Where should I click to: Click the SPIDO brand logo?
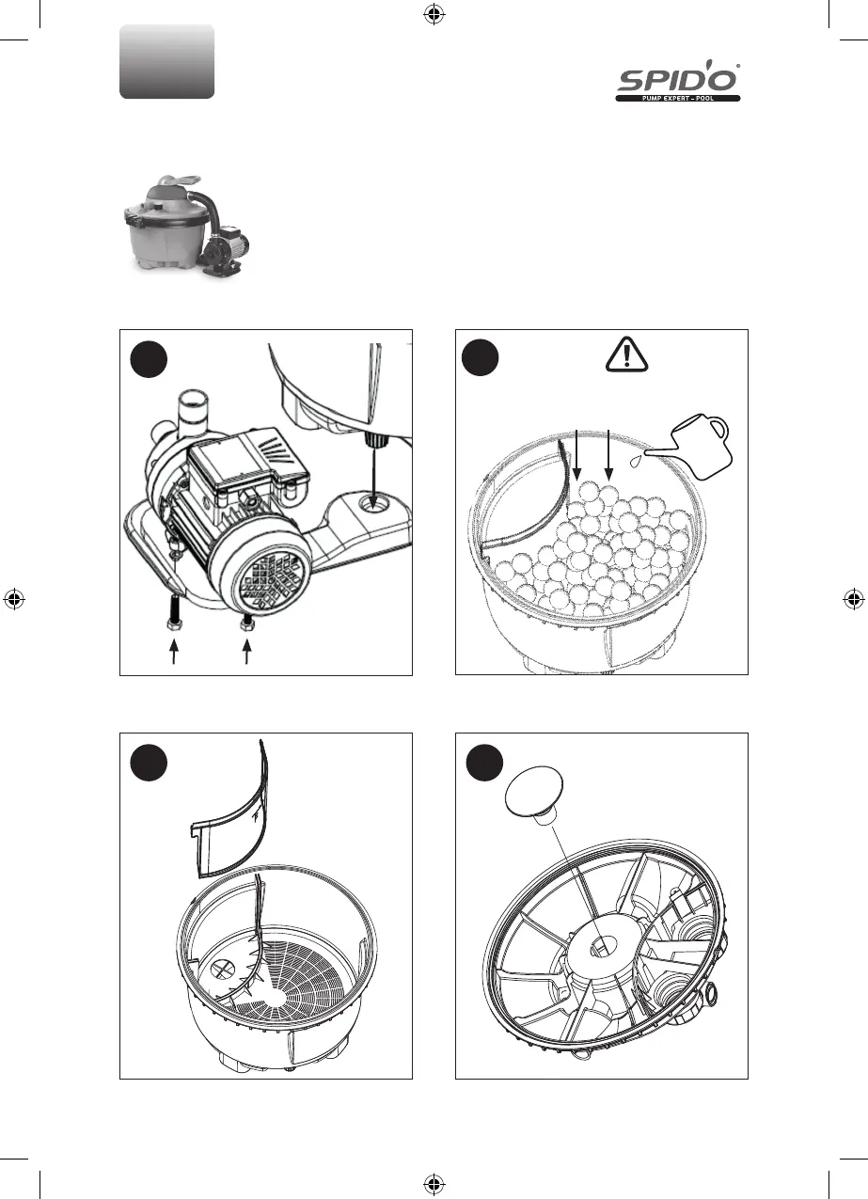tap(678, 77)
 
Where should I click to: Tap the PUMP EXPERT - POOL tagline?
tap(678, 97)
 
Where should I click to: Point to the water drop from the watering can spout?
tap(639, 461)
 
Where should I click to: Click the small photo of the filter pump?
tap(178, 223)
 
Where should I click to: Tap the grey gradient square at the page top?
tap(167, 61)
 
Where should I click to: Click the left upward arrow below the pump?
tap(173, 652)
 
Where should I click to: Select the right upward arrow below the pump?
tap(248, 652)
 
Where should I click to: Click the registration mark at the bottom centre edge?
tap(434, 1183)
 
